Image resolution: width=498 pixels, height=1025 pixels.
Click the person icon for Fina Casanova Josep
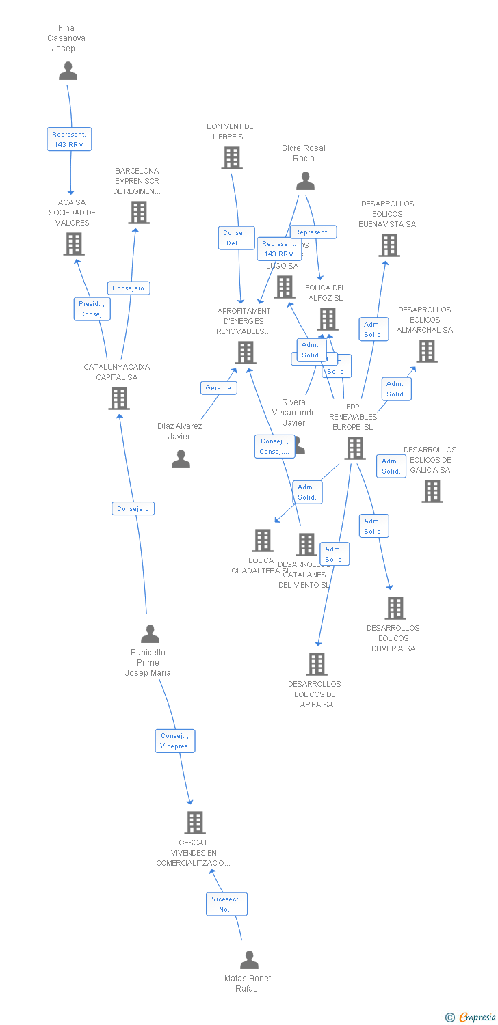click(68, 71)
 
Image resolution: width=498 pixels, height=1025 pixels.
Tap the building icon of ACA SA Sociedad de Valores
click(74, 244)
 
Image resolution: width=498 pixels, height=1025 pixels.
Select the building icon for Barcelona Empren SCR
click(139, 213)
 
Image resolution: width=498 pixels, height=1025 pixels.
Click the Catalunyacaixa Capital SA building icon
click(119, 398)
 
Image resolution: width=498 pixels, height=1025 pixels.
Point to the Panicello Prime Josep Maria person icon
click(150, 634)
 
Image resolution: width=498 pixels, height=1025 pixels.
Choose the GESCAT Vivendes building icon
click(196, 823)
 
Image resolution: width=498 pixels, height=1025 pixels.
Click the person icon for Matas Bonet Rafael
click(250, 959)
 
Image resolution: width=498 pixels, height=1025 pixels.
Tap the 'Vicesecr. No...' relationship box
click(226, 904)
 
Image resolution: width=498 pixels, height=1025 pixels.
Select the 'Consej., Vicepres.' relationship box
click(175, 741)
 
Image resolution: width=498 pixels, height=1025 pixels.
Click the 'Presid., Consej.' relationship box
click(92, 309)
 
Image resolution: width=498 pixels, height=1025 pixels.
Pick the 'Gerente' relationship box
click(218, 387)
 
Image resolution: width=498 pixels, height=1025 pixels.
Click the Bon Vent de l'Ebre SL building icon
click(232, 158)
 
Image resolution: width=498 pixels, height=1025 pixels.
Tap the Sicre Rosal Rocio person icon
click(305, 181)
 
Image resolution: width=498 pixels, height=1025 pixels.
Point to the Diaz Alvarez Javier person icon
click(181, 459)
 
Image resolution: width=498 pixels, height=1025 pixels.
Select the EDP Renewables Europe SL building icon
click(354, 448)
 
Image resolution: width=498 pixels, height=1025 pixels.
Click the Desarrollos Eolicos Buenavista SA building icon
click(389, 245)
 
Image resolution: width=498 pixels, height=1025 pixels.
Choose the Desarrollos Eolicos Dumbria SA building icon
click(395, 608)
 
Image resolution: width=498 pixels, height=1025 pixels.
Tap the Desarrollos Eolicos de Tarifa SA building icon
click(316, 664)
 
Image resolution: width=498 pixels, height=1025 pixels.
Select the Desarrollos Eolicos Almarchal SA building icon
click(427, 351)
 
